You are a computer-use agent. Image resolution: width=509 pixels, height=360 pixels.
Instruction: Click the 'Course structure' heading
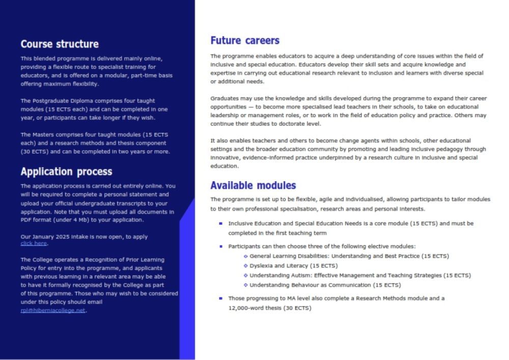60,44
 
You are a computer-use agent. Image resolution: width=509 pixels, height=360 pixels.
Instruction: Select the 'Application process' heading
66,172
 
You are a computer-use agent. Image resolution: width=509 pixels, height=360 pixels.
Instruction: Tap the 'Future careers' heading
245,41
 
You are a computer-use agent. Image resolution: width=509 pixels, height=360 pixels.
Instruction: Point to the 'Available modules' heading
253,185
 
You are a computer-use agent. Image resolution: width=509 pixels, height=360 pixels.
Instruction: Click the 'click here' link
34,243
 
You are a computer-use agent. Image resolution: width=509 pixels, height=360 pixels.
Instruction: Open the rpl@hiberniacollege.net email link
53,310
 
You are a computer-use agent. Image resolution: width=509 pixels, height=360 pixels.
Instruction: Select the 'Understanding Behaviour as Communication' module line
325,285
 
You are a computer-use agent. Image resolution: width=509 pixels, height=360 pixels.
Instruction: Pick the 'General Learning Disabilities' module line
349,256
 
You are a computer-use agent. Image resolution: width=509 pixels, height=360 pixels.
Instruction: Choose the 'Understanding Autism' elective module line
360,275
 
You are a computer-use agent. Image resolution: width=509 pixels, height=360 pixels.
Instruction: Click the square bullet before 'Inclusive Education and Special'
220,223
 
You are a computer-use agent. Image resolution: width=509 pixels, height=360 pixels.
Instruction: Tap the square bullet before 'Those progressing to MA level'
220,298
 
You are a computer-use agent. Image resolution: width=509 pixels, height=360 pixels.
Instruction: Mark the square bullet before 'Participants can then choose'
220,246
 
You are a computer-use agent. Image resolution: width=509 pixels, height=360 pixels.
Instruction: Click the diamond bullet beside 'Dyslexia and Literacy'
246,266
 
